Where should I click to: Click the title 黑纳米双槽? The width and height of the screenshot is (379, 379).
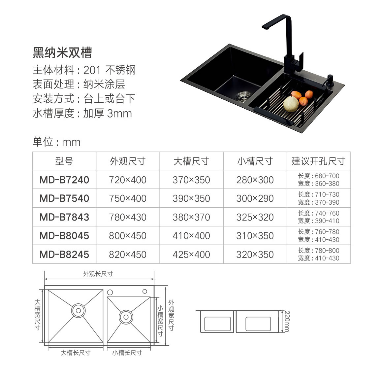pyautogui.click(x=62, y=52)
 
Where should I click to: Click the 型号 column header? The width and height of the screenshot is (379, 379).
pyautogui.click(x=64, y=161)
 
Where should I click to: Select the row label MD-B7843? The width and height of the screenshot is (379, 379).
pyautogui.click(x=64, y=217)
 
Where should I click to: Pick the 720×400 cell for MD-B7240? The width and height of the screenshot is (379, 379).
pyautogui.click(x=128, y=180)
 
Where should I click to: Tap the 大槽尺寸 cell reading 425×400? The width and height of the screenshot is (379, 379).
pyautogui.click(x=191, y=255)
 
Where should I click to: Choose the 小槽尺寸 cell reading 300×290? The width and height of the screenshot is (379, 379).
pyautogui.click(x=255, y=198)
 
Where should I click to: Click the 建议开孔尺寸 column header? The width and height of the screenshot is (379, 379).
pyautogui.click(x=319, y=161)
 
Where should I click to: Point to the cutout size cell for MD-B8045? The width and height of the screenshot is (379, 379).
pyautogui.click(x=319, y=236)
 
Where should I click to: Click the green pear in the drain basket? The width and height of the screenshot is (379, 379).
pyautogui.click(x=291, y=103)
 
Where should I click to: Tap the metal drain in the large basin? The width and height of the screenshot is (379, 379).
pyautogui.click(x=244, y=96)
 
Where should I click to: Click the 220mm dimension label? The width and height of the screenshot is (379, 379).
pyautogui.click(x=287, y=322)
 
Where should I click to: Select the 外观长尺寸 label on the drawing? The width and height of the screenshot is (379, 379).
pyautogui.click(x=98, y=274)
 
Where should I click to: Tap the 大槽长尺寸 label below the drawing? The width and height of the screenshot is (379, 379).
pyautogui.click(x=76, y=353)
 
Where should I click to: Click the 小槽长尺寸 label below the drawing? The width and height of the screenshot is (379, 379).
pyautogui.click(x=127, y=353)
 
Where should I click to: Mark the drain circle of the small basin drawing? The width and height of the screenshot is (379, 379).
pyautogui.click(x=126, y=317)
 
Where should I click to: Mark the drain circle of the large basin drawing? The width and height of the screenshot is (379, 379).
pyautogui.click(x=78, y=311)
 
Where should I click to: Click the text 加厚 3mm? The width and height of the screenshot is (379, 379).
pyautogui.click(x=108, y=113)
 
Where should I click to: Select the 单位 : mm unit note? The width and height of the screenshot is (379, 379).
pyautogui.click(x=56, y=142)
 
